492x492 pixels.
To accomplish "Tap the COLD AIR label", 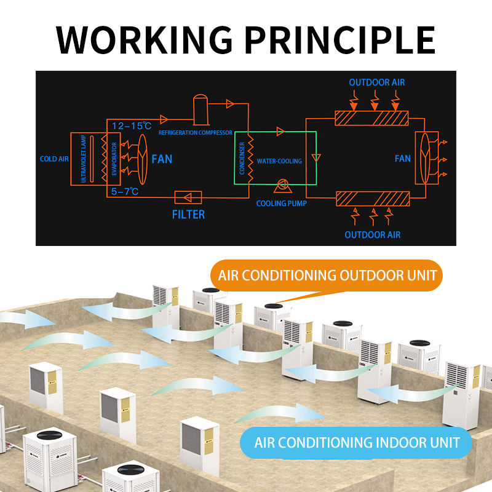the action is (54, 159).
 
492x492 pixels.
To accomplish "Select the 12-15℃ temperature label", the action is (132, 126).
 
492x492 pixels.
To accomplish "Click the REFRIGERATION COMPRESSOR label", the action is (196, 132).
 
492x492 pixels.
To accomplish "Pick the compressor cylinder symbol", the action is (200, 108).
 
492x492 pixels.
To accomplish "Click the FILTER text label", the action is (188, 215).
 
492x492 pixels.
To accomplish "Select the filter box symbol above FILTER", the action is (188, 197).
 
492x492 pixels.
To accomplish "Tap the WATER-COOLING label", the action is (279, 161).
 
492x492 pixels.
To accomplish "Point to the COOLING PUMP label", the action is (281, 203).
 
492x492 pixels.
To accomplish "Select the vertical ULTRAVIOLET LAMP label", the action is (84, 159).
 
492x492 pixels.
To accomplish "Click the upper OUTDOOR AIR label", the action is (377, 82).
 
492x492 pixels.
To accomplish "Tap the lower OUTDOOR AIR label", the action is (372, 235).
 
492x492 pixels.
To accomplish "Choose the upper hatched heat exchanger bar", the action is (372, 117).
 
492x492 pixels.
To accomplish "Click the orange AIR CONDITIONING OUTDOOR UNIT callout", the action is (327, 275).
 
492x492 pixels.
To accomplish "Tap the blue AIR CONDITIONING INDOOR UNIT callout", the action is (357, 442).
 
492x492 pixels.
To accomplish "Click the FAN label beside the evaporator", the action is (162, 159).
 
